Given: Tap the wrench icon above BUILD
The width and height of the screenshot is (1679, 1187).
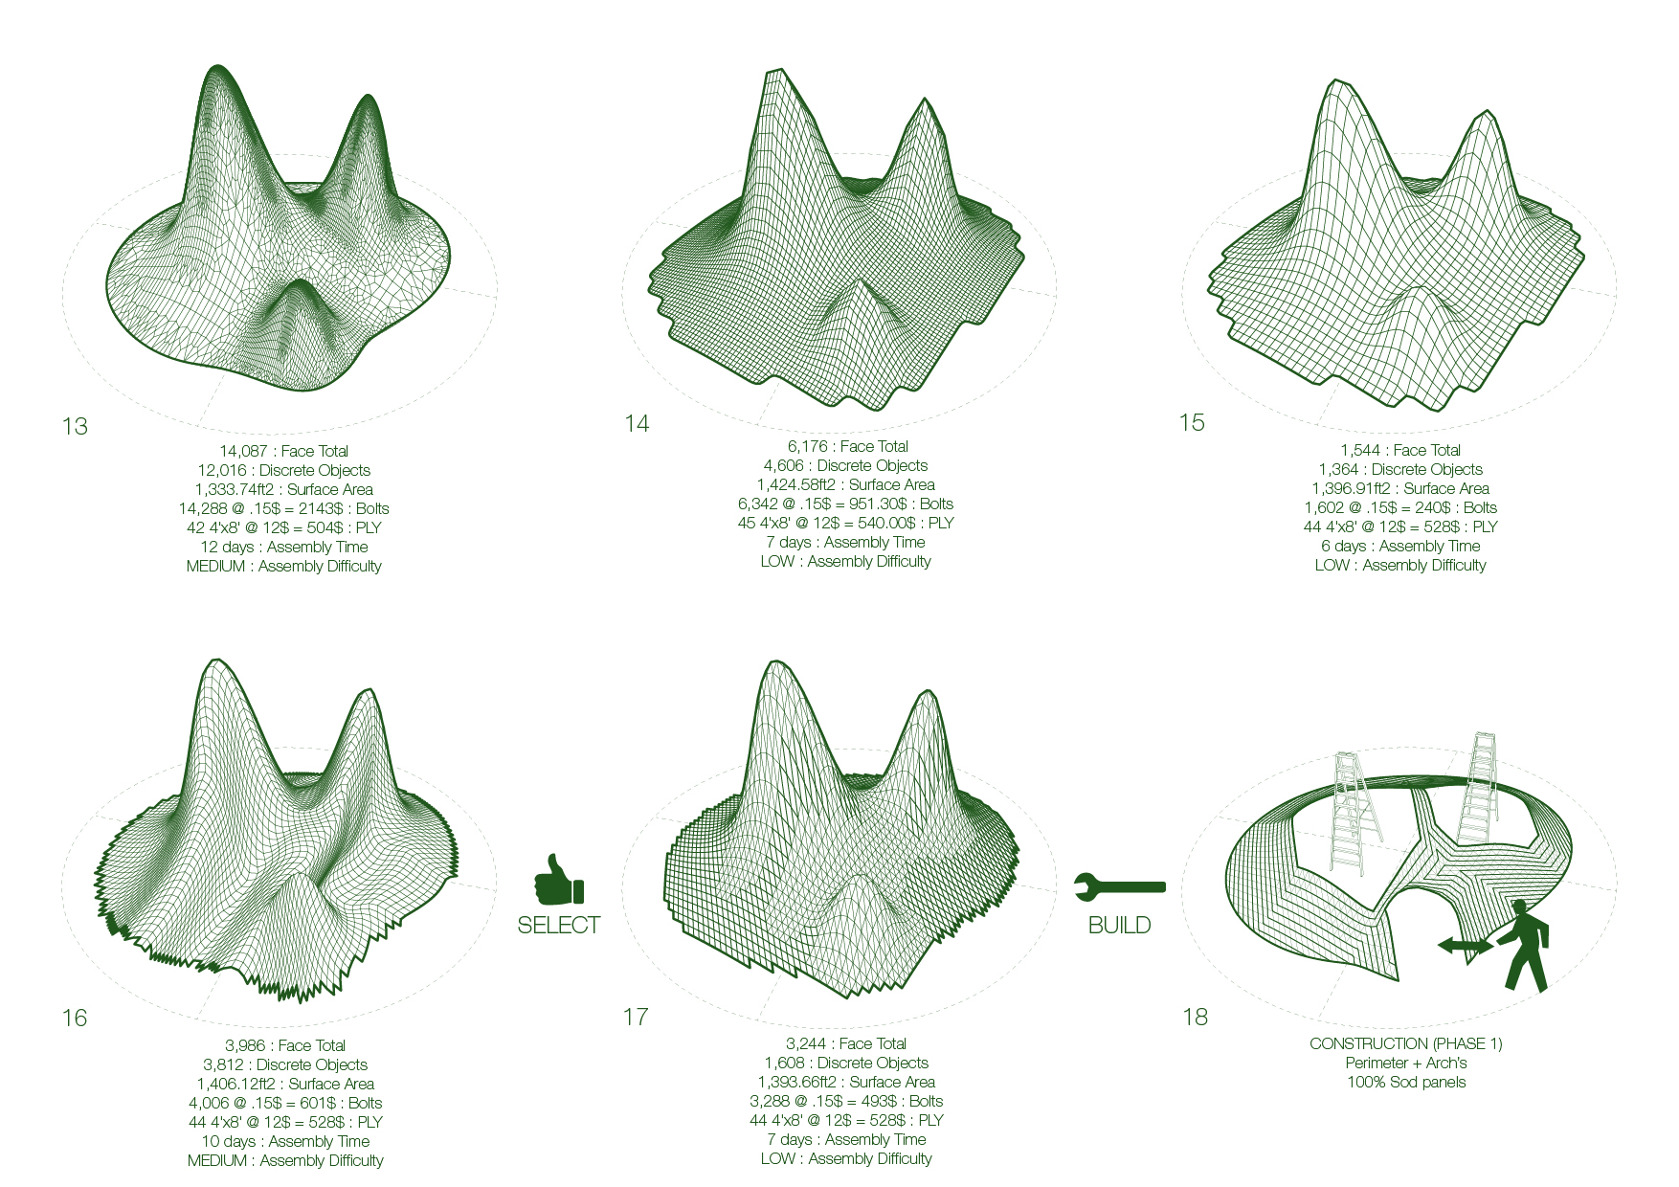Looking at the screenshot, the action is click(1119, 886).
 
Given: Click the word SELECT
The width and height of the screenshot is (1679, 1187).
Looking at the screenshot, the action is click(559, 926).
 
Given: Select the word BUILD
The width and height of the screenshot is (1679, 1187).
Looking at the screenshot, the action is click(1119, 926).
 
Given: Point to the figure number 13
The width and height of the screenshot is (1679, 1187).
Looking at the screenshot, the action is click(75, 427).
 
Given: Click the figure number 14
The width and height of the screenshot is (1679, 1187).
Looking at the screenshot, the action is click(637, 424).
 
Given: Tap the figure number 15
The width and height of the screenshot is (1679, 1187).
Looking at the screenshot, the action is click(1192, 423).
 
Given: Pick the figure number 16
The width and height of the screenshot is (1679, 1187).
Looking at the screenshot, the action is click(75, 1019).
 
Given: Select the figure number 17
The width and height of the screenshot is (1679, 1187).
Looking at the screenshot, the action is click(636, 1018).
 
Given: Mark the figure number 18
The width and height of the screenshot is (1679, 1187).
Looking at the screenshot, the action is click(1196, 1018).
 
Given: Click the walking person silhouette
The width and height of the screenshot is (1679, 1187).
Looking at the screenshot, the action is click(1523, 945).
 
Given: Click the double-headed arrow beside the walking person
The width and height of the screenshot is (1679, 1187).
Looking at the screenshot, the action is click(1465, 946).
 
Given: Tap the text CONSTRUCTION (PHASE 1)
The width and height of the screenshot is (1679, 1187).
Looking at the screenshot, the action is click(1406, 1044).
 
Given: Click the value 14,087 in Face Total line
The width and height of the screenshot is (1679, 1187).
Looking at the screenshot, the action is click(243, 452).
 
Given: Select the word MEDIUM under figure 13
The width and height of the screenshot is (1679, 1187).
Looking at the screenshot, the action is click(216, 567).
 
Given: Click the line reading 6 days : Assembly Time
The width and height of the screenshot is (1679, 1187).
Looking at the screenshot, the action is click(1400, 547).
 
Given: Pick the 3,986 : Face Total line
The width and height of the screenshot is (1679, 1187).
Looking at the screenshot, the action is click(285, 1046).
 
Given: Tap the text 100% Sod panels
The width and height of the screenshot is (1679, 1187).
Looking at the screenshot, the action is click(1406, 1083).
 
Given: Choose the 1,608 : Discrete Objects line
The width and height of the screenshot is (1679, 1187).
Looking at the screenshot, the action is click(846, 1064).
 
